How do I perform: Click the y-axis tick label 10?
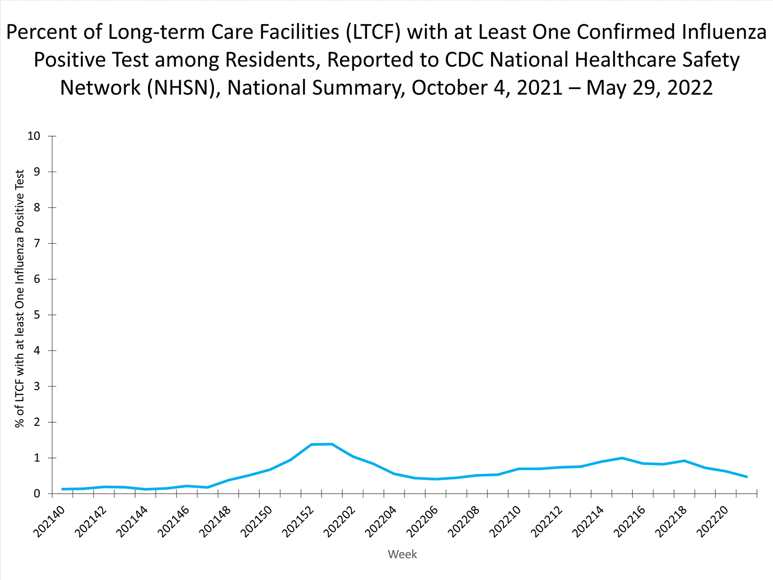[34, 136]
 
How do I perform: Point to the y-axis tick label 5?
[37, 315]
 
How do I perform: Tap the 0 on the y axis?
[37, 494]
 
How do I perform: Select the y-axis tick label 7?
[37, 243]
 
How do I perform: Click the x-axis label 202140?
[49, 521]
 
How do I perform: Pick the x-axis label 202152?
[299, 521]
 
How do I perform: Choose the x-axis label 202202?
[340, 521]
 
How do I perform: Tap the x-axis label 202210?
[506, 521]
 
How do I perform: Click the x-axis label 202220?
[714, 521]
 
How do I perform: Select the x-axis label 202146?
[174, 521]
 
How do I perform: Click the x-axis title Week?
[402, 554]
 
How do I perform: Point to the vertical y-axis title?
[20, 299]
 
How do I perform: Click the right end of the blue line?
[746, 476]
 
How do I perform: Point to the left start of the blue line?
[62, 489]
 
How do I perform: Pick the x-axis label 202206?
[423, 521]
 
